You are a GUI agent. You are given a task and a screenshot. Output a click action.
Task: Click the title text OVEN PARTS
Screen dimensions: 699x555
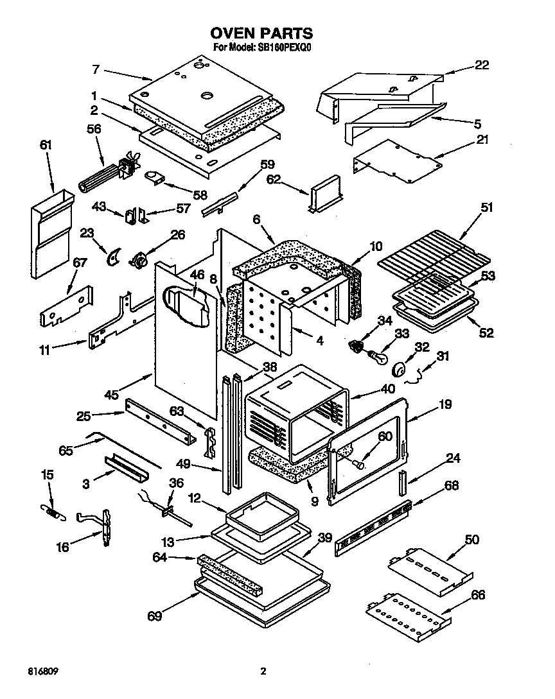click(x=261, y=33)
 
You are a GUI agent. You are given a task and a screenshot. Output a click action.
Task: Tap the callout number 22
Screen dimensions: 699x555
click(x=481, y=65)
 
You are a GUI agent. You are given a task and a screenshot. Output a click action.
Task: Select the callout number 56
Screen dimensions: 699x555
click(x=94, y=128)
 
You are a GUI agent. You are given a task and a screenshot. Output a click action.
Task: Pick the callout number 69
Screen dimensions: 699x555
click(x=154, y=617)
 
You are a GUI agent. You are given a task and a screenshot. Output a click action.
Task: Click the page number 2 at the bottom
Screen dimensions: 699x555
click(x=263, y=671)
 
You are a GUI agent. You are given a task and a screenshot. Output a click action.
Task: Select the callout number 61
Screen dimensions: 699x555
click(x=46, y=146)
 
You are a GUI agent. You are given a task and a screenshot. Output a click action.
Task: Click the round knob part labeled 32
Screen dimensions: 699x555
click(x=398, y=369)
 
